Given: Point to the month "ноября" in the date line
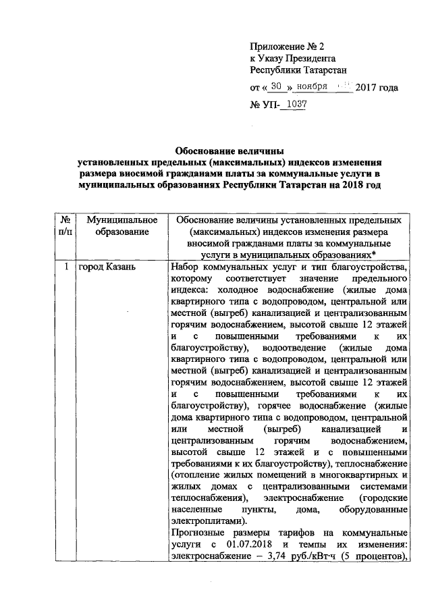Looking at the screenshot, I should coord(312,87).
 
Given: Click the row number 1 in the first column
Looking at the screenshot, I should coord(66,267).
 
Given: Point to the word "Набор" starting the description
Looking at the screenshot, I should coord(186,267).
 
